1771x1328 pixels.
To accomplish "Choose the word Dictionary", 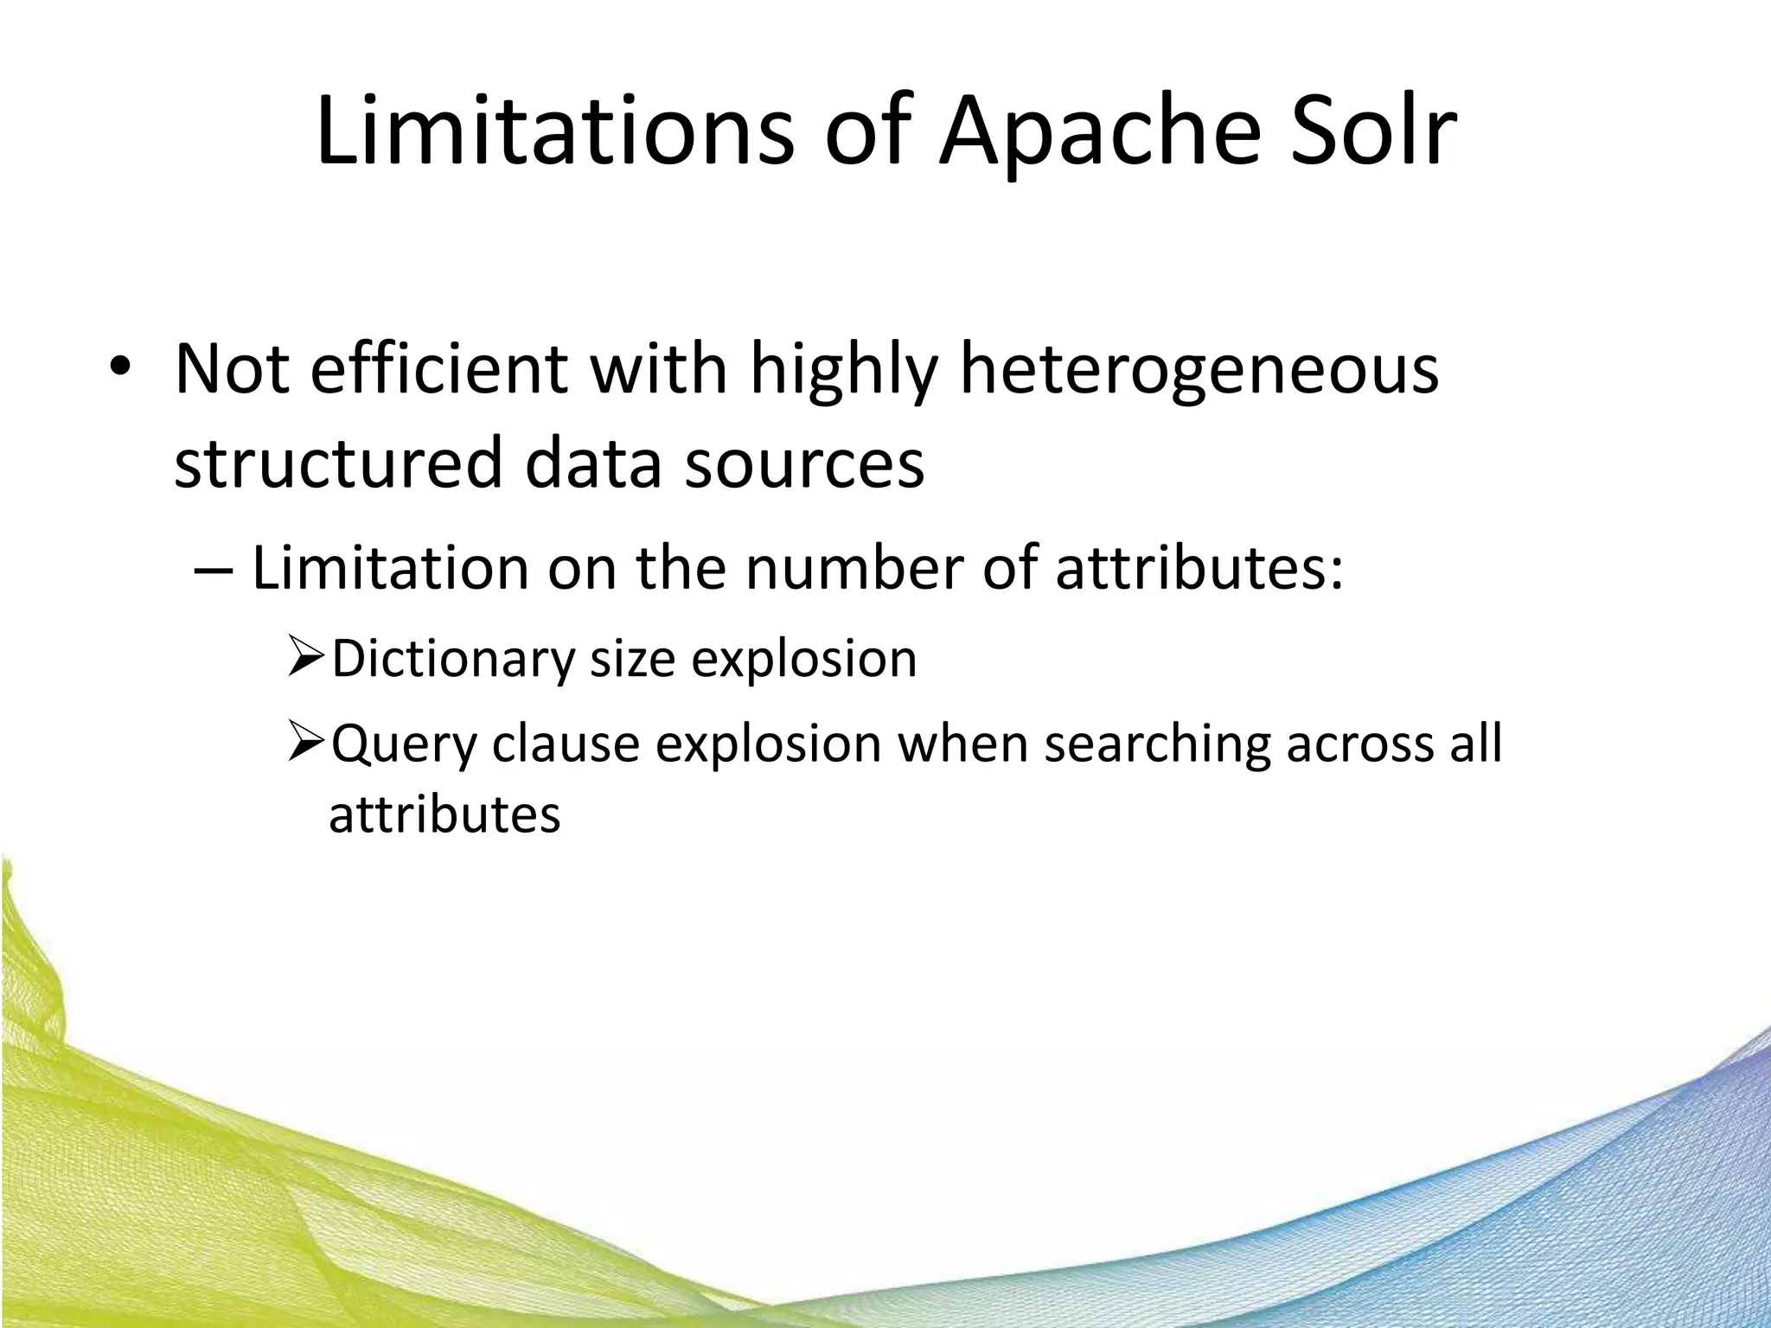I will [453, 659].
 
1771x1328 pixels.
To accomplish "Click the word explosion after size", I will [804, 659].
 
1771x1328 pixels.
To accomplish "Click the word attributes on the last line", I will [444, 814].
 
